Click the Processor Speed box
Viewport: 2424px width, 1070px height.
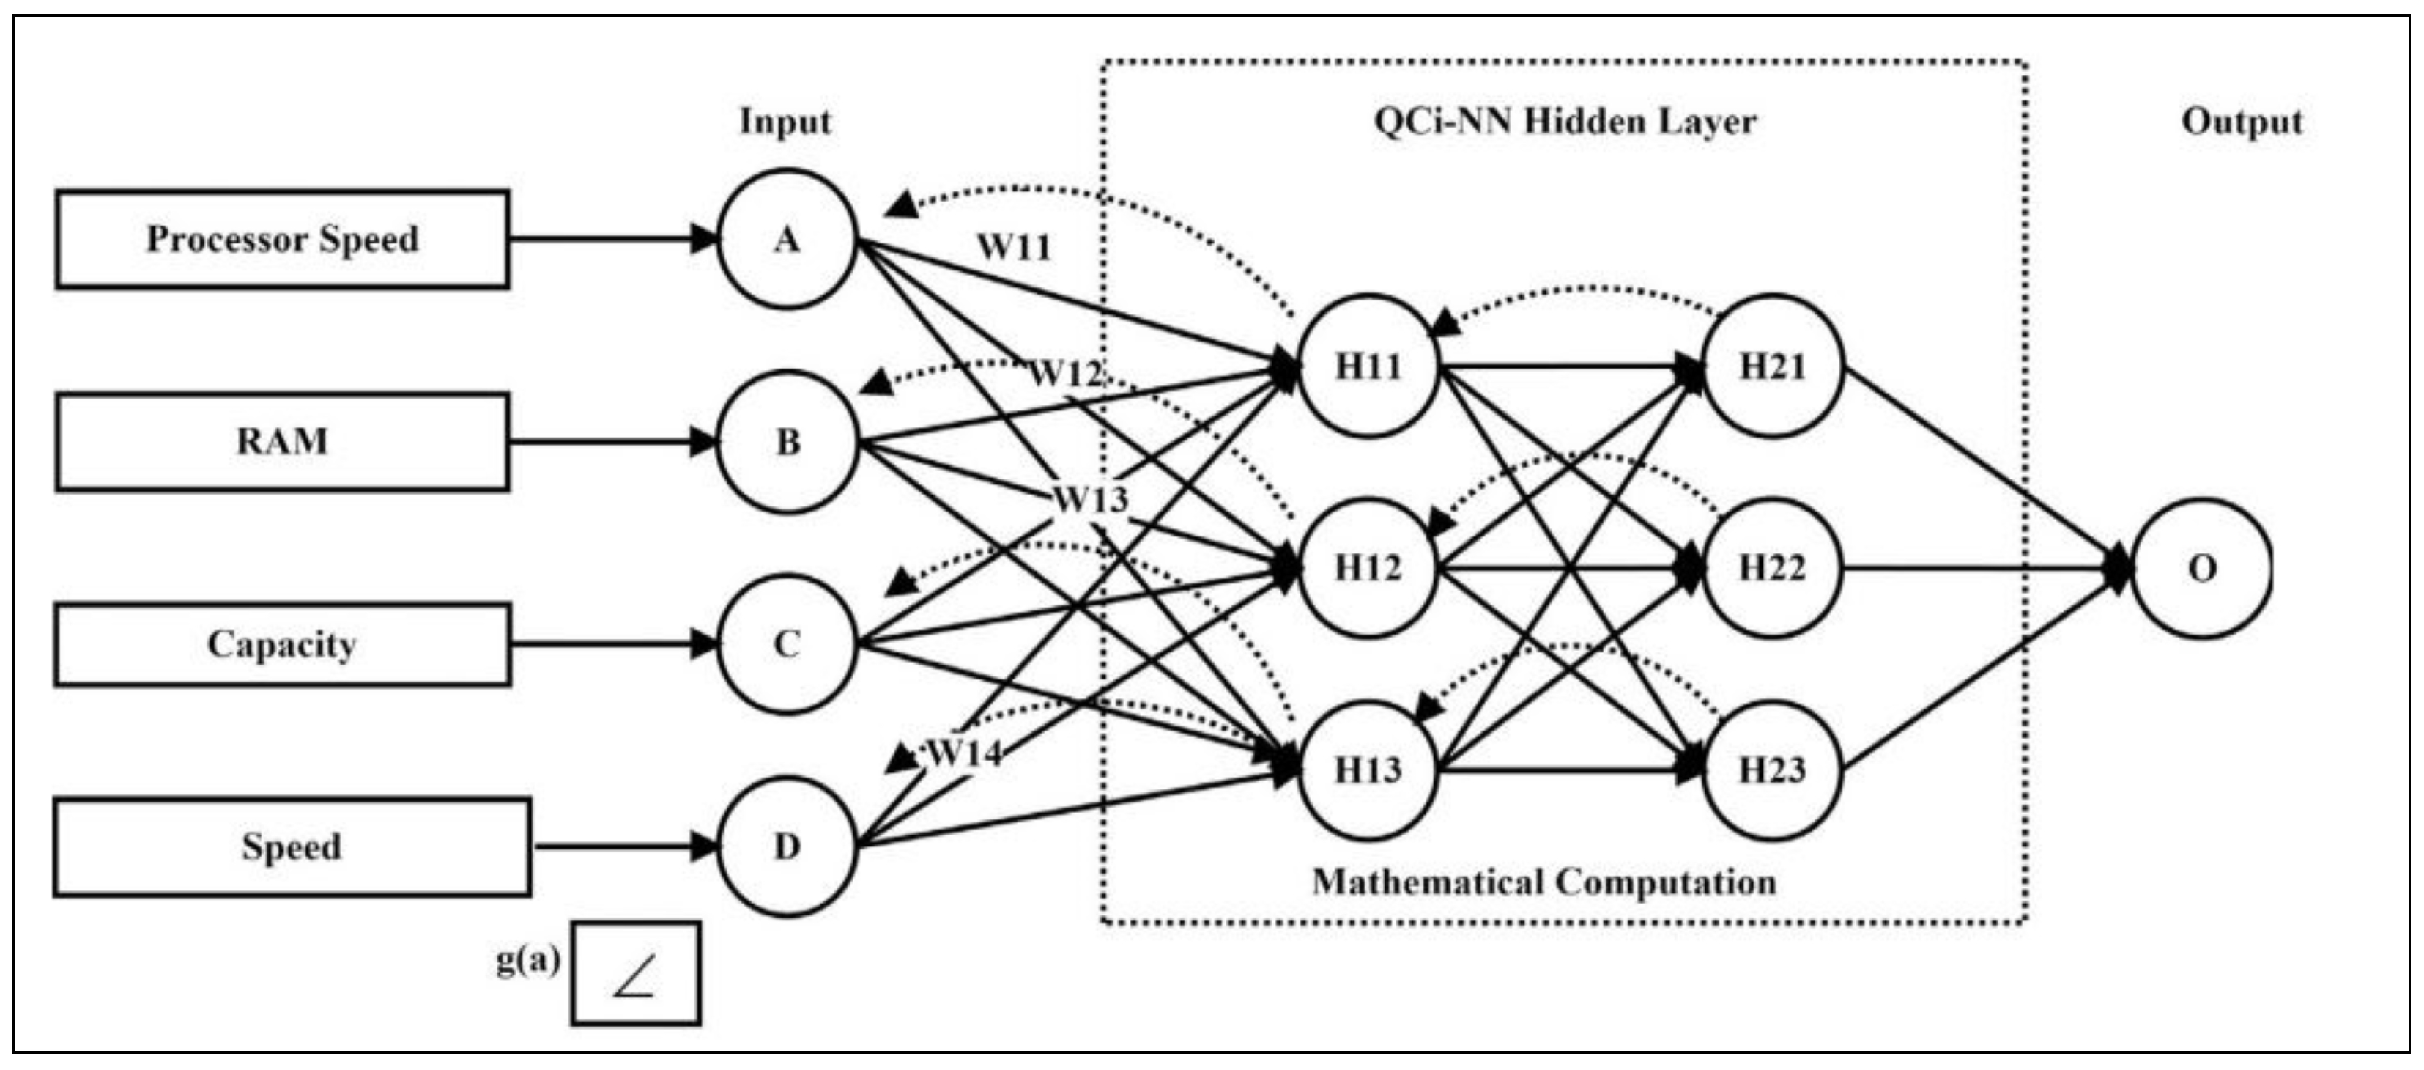tap(282, 239)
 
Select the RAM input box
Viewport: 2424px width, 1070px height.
tap(282, 441)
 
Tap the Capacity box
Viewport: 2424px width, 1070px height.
tap(282, 645)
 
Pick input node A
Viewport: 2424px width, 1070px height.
tap(787, 239)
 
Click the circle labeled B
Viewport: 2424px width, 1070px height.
tap(787, 441)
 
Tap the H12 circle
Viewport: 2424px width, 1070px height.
tap(1368, 567)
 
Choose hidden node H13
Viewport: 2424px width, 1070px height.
tap(1368, 770)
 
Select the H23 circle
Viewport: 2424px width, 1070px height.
tap(1772, 770)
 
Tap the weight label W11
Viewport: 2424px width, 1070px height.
tap(1013, 248)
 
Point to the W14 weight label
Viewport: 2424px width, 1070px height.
tap(965, 753)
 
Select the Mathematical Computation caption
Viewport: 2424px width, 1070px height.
tap(1544, 882)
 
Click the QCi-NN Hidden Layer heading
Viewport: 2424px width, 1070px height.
tap(1565, 122)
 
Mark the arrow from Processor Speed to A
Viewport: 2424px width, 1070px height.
tap(612, 239)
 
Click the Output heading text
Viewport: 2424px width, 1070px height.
tap(2242, 122)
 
